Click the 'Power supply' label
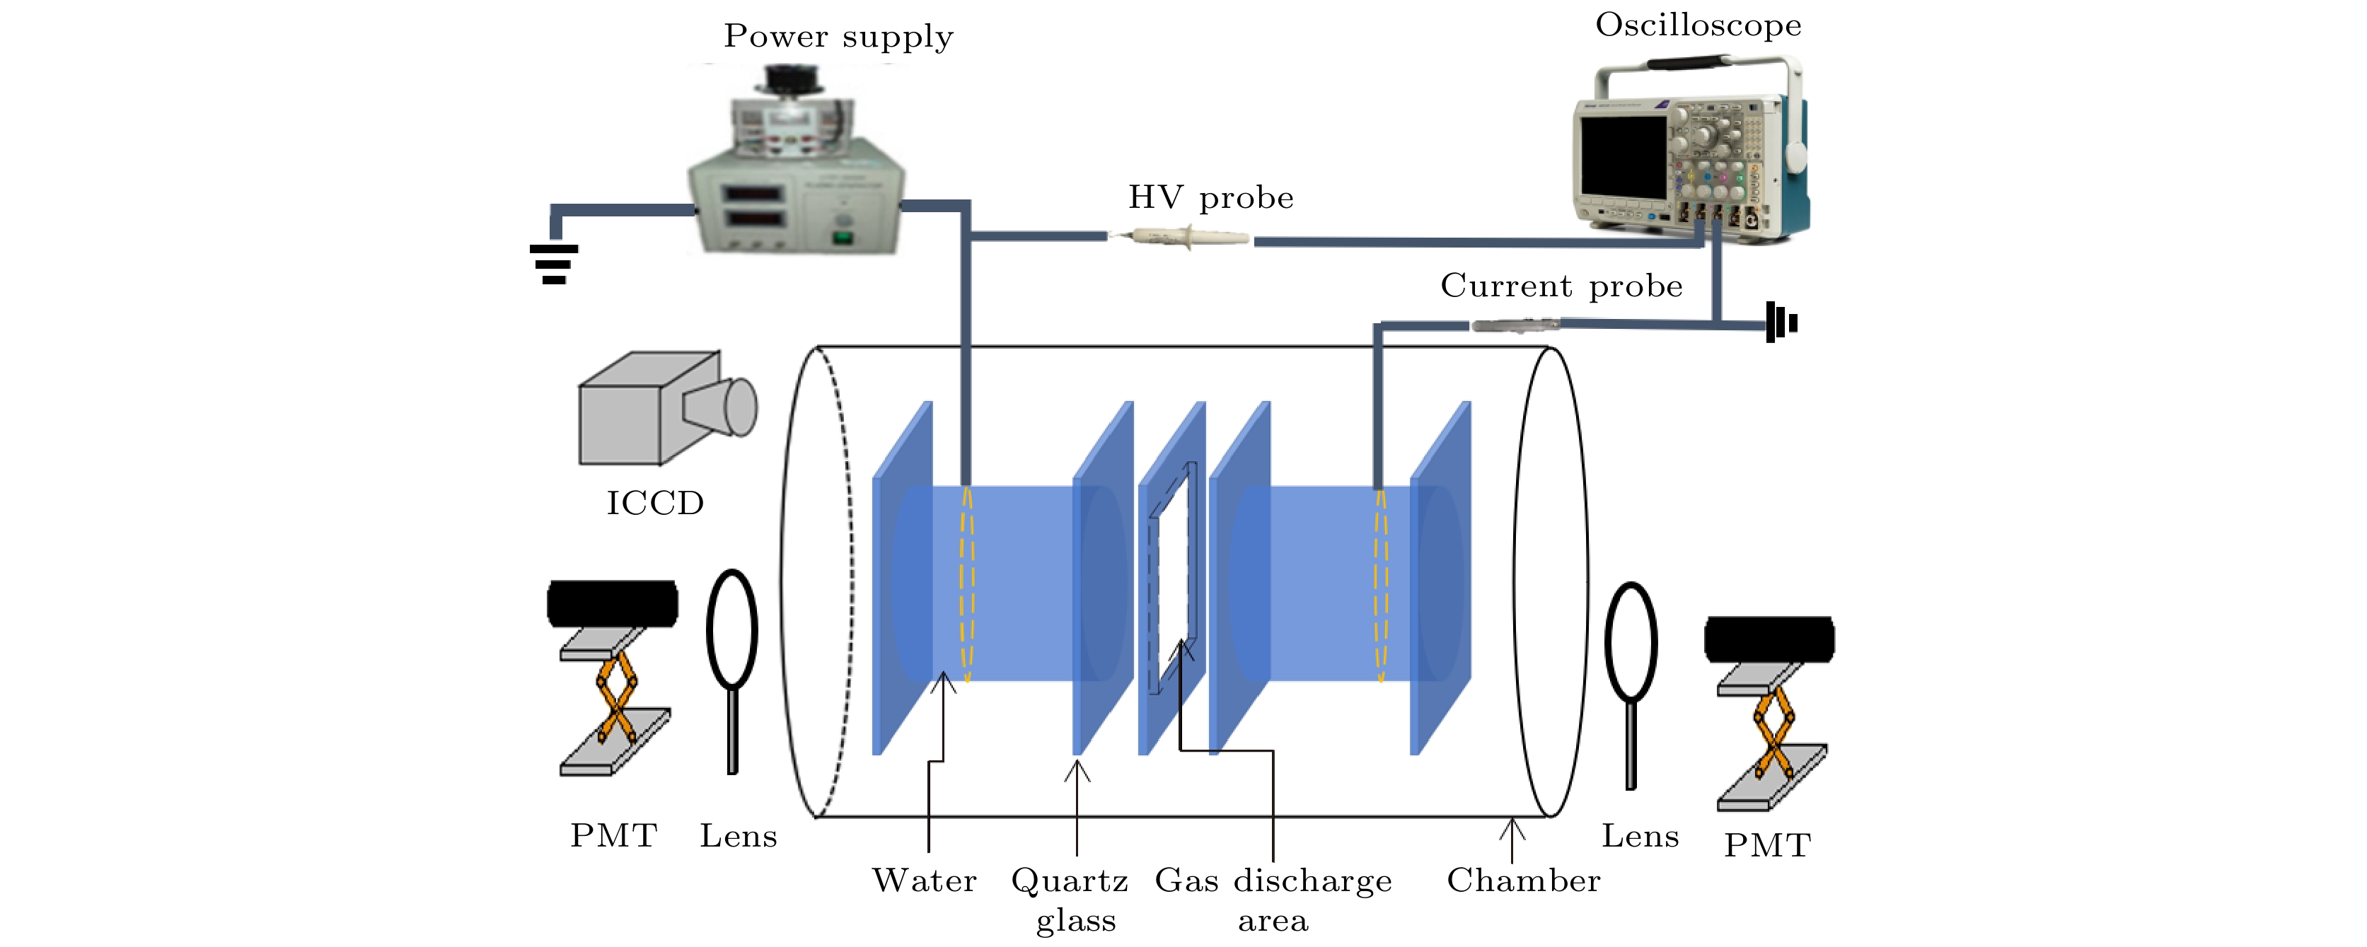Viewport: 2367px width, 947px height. [x=838, y=37]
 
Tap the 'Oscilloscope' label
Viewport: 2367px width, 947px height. [x=1698, y=25]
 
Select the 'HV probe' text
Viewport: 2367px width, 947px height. [x=1211, y=197]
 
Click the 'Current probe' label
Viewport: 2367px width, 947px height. [x=1561, y=286]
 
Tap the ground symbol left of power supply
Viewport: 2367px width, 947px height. [x=554, y=262]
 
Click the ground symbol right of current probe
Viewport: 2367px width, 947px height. [x=1781, y=323]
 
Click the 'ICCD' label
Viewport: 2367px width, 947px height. [x=655, y=504]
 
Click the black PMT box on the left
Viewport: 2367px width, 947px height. [x=613, y=603]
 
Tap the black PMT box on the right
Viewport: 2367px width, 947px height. [x=1769, y=639]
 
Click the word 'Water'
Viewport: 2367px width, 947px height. [x=925, y=881]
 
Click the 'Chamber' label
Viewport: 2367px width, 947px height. [x=1522, y=881]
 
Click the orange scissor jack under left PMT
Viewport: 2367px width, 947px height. [x=615, y=694]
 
